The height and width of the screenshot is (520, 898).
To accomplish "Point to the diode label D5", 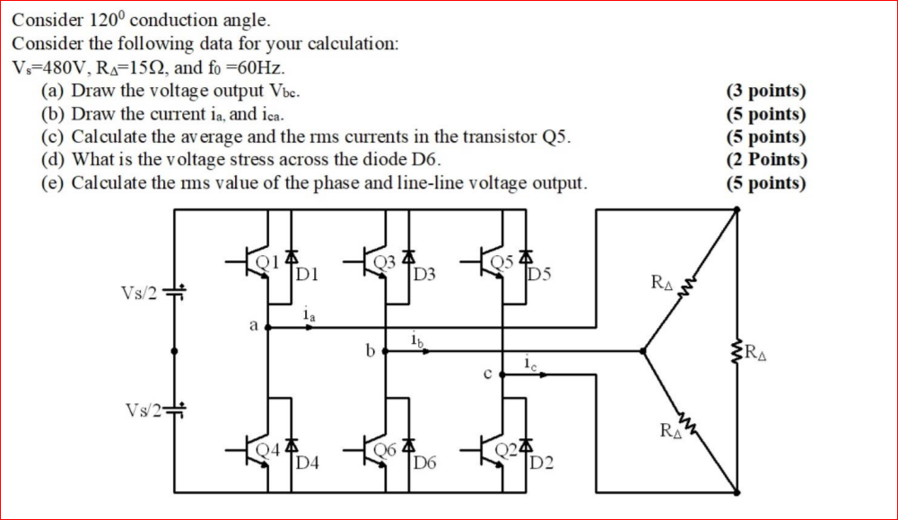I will (x=542, y=273).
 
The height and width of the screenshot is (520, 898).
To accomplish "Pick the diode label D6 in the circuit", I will (x=424, y=463).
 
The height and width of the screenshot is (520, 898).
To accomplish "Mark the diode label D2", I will (x=542, y=463).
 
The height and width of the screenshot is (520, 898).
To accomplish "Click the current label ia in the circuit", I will (x=308, y=315).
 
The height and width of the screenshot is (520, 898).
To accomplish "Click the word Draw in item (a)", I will (x=91, y=91).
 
